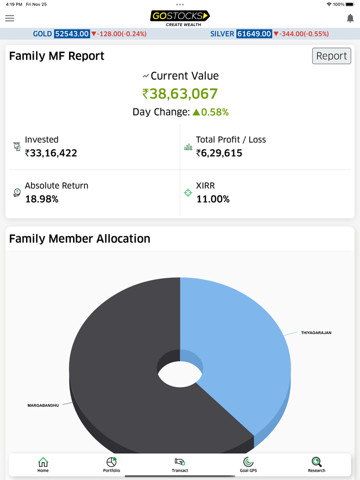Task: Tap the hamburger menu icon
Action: [10, 18]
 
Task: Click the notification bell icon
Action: [350, 18]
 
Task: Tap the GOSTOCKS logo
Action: [180, 17]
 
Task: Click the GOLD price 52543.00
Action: [72, 34]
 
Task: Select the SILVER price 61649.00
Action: [254, 34]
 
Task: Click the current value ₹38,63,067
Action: [180, 94]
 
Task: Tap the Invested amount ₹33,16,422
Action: [51, 153]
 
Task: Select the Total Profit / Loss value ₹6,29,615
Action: [219, 153]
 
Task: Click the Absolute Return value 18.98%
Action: [42, 199]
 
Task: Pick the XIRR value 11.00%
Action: [213, 199]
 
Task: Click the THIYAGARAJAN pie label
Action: [316, 333]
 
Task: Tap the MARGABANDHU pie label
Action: [43, 405]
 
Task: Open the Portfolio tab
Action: [112, 465]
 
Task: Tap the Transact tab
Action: [180, 465]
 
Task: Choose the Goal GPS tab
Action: [248, 465]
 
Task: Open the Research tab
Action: [317, 465]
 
